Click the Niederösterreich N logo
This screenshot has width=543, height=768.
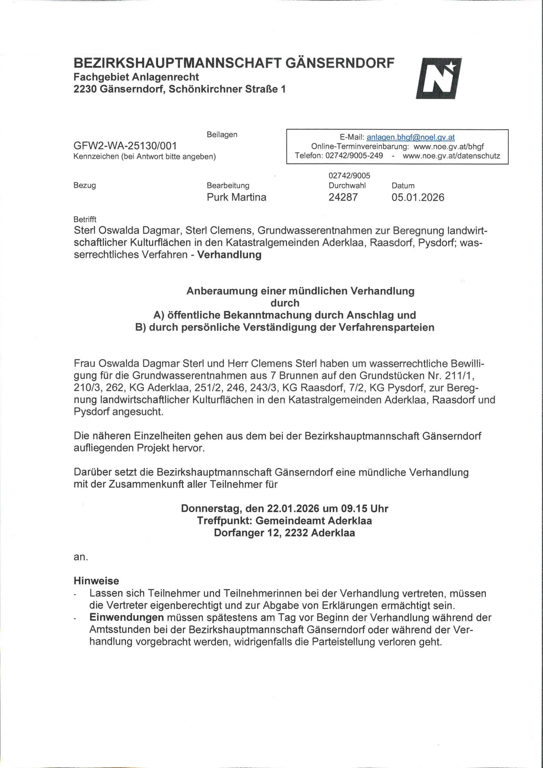coord(439,78)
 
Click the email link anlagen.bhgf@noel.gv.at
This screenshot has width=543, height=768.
coord(411,137)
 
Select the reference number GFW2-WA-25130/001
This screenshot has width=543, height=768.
coord(125,146)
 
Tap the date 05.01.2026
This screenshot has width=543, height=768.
coord(418,197)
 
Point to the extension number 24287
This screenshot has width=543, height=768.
coord(343,197)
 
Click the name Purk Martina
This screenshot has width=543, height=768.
coord(236,197)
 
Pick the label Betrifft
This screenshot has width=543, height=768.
coord(85,219)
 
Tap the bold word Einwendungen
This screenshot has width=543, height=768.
coord(127,617)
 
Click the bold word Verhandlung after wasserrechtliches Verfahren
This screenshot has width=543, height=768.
coord(229,255)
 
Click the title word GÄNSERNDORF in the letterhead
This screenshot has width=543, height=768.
coord(340,63)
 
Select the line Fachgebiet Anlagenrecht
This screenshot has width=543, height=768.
coord(136,77)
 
